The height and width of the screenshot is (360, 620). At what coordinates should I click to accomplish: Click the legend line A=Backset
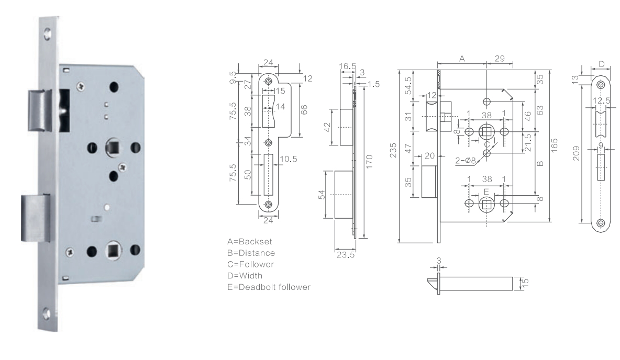[249, 241]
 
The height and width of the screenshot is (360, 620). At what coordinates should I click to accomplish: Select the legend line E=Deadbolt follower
[269, 287]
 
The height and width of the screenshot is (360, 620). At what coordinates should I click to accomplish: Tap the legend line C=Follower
[251, 264]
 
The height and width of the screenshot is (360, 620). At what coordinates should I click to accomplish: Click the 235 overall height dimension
[393, 150]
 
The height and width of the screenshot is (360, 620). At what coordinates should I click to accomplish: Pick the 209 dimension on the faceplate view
[577, 153]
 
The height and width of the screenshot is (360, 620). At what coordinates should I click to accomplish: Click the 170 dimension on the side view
[369, 162]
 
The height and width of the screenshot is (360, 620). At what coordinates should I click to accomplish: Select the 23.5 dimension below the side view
[346, 255]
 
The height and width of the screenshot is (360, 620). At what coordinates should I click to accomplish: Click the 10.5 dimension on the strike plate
[288, 159]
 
